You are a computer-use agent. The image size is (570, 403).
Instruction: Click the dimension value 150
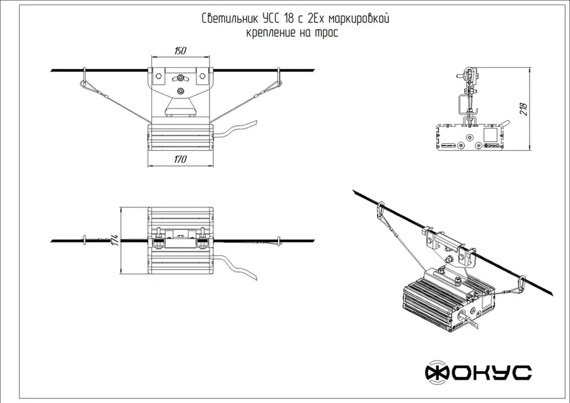[x=180, y=51]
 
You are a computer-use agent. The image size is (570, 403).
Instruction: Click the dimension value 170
[x=180, y=160]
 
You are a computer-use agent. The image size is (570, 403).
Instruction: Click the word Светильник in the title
[x=230, y=19]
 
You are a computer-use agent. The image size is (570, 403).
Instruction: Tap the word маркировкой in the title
[x=359, y=19]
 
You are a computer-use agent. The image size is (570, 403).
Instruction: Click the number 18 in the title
[x=288, y=19]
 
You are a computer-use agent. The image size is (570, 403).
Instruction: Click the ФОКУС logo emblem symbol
[x=437, y=372]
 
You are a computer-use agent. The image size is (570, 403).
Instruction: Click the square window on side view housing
[x=490, y=135]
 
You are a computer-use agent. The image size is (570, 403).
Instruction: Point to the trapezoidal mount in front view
[x=181, y=106]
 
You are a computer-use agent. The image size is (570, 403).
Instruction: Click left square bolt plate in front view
[x=159, y=76]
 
